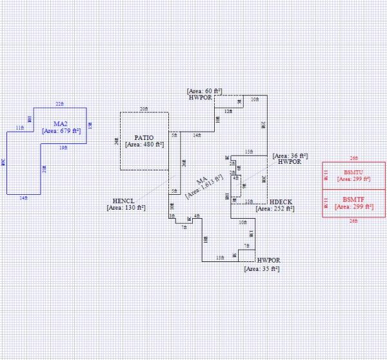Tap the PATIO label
143,138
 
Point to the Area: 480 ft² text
143,146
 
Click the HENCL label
123,200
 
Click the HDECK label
281,202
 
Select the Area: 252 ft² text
274,209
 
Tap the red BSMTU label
354,172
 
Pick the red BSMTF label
354,199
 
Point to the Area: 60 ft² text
204,92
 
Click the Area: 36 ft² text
290,155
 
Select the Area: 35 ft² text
262,268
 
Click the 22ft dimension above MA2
59,104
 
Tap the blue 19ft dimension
63,148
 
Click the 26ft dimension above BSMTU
353,158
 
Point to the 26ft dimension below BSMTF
353,221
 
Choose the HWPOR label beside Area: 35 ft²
268,261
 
